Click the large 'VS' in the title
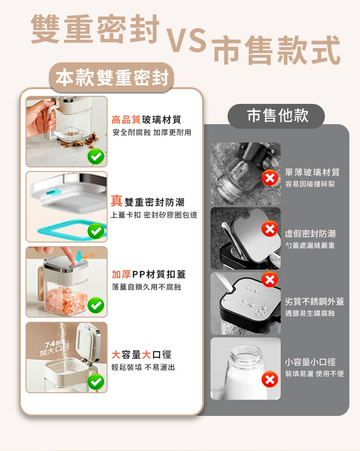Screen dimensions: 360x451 (x=186, y=40)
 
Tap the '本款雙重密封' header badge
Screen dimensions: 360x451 (x=112, y=78)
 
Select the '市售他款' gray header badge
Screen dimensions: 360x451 (x=276, y=115)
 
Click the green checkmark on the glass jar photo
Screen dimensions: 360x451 (x=96, y=156)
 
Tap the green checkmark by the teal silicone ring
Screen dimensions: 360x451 (x=96, y=231)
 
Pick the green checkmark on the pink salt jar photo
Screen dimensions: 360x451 (x=96, y=305)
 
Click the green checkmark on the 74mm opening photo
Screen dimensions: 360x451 (x=96, y=382)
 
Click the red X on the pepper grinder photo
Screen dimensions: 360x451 (x=270, y=178)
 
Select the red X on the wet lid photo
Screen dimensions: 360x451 (x=270, y=279)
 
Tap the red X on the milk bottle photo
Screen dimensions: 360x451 (x=270, y=379)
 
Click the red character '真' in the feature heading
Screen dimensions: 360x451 (x=117, y=200)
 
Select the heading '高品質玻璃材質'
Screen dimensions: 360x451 (x=146, y=119)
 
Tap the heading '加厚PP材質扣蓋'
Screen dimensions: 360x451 (x=149, y=274)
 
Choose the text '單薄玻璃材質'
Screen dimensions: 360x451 (x=312, y=172)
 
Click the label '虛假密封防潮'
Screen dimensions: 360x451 (x=310, y=234)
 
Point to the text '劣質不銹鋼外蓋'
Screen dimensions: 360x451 (x=315, y=301)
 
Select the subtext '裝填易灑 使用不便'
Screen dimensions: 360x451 (x=315, y=373)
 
